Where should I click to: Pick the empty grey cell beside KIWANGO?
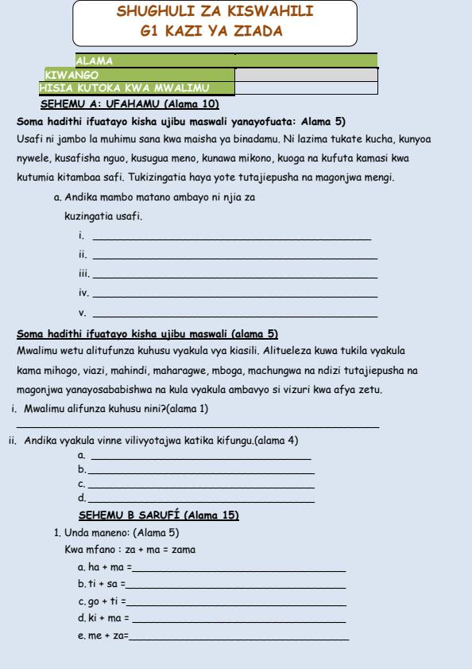(x=305, y=73)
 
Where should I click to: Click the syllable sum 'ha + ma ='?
(x=98, y=567)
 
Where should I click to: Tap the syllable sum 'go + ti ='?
(x=97, y=601)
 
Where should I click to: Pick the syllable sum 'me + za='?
(x=97, y=634)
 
